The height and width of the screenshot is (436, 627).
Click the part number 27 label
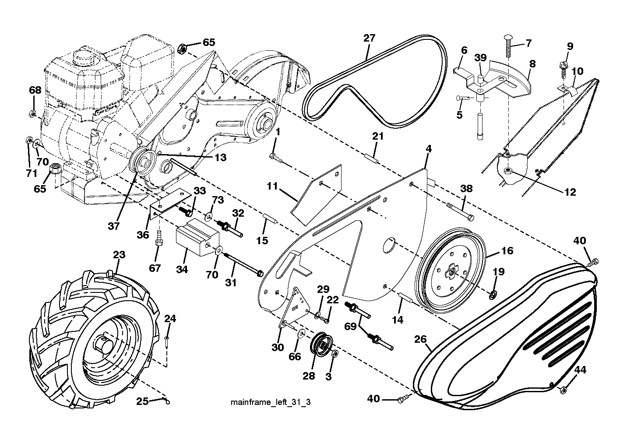point(369,38)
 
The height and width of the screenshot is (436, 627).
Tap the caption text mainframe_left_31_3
point(271,402)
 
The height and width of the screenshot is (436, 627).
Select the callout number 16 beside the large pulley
point(507,250)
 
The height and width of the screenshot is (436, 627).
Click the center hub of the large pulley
point(451,271)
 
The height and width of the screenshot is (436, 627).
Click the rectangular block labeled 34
point(197,237)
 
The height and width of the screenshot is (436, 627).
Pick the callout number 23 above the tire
point(119,255)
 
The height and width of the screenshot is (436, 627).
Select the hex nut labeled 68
point(33,113)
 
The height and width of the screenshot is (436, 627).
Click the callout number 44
point(580,370)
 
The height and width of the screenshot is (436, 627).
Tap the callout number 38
point(466,189)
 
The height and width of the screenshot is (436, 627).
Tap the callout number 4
point(429,148)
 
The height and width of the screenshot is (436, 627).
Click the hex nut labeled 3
point(335,353)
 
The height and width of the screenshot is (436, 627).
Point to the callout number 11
point(272,186)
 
